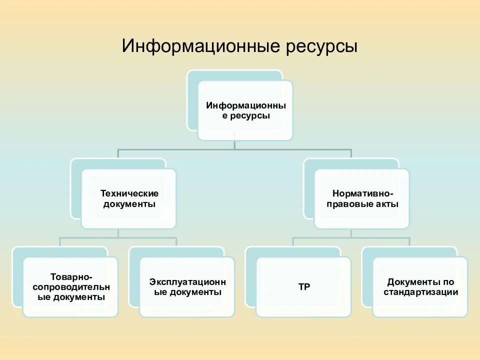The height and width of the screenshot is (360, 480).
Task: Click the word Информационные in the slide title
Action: pos(200,47)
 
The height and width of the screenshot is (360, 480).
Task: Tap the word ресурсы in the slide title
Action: pos(322,48)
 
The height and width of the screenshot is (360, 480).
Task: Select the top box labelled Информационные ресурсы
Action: pos(245,111)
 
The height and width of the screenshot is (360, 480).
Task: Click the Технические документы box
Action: pos(129,199)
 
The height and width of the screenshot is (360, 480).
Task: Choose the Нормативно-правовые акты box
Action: pos(362,199)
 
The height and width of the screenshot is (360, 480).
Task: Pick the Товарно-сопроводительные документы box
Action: pos(70,287)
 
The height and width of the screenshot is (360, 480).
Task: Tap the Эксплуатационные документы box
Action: pos(187,287)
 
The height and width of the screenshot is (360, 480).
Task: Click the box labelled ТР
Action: pos(303,287)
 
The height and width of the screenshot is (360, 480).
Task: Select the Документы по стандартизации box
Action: pos(420,287)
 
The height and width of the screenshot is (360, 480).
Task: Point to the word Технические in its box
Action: pos(129,193)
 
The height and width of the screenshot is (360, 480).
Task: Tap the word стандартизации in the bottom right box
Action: pos(420,292)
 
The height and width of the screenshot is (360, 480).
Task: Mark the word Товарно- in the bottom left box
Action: pos(70,276)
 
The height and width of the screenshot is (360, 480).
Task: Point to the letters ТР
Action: pos(304,287)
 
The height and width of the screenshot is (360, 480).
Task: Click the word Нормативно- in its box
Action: pos(362,193)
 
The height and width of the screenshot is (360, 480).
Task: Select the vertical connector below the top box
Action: pos(234,144)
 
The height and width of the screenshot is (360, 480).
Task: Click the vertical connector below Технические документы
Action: pos(118,233)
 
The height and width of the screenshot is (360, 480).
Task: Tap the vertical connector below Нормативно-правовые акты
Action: pos(351,233)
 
